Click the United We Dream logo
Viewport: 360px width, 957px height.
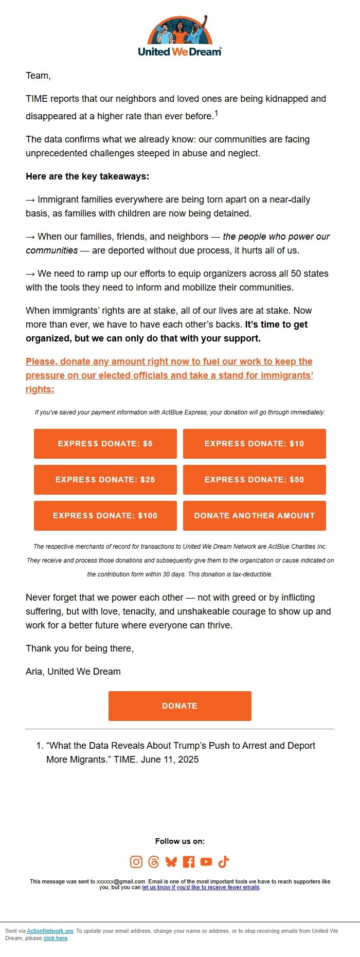(x=180, y=36)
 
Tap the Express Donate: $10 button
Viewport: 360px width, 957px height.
(x=254, y=443)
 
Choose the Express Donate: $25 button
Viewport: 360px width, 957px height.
(x=105, y=479)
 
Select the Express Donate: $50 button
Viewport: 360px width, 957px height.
(x=254, y=479)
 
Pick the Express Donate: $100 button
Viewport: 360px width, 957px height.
(x=105, y=515)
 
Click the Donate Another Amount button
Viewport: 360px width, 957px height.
(x=254, y=515)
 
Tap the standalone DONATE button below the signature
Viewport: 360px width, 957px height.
(x=180, y=706)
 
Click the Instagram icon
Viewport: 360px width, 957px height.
(x=136, y=862)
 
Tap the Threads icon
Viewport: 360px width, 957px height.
(x=154, y=862)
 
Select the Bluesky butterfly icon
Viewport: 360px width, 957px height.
(x=171, y=862)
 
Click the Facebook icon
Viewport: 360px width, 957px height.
(x=189, y=862)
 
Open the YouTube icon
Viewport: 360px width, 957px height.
(x=206, y=862)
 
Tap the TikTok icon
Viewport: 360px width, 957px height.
(x=224, y=862)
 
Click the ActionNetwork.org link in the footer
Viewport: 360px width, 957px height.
(x=50, y=931)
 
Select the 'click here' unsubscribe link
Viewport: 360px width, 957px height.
(x=56, y=938)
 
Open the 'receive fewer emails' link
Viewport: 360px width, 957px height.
(x=201, y=887)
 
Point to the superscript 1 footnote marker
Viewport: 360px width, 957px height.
(x=217, y=113)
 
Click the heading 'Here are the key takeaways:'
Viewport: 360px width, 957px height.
(x=87, y=176)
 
